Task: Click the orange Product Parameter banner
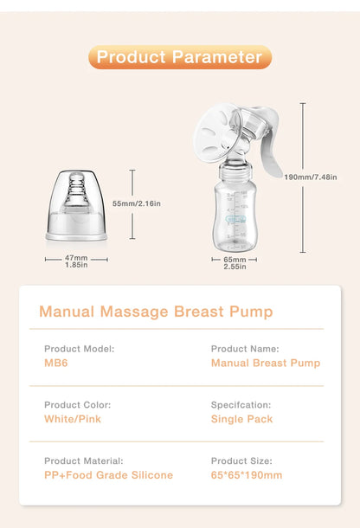point(180,57)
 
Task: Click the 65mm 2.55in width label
point(235,261)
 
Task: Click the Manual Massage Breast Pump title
point(156,312)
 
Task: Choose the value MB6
point(55,363)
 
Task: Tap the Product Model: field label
point(79,349)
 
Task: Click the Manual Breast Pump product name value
point(265,363)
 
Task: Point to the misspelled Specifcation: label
point(241,405)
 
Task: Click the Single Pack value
point(241,419)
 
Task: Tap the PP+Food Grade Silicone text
point(108,475)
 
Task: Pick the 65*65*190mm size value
point(246,475)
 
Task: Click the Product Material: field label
point(83,461)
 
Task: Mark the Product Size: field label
point(241,461)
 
